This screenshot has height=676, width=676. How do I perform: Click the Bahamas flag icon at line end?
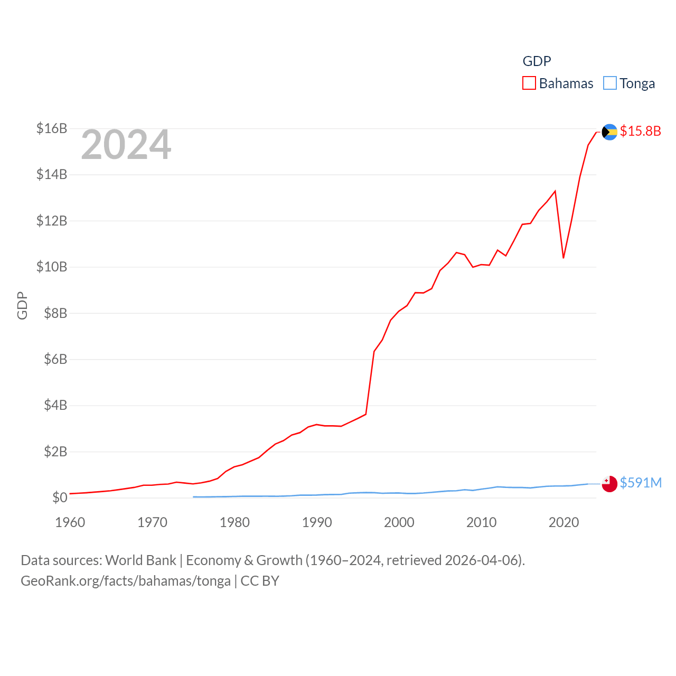coord(609,132)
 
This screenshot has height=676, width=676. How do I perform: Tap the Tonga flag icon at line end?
coord(609,484)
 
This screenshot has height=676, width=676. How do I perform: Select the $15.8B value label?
coord(640,131)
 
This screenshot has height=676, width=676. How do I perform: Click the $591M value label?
coord(641,483)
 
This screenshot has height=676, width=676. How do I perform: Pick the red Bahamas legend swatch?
coord(529,83)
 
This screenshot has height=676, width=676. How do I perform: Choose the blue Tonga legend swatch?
coord(610,83)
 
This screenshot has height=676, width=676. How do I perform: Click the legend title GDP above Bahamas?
coord(537,61)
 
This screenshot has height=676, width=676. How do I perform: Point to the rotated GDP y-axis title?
coord(22,305)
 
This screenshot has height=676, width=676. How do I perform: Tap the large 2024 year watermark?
coord(126,145)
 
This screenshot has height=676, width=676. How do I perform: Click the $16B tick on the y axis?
coord(52,128)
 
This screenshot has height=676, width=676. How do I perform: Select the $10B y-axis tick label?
coord(52,267)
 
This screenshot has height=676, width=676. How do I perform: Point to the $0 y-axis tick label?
coord(60,497)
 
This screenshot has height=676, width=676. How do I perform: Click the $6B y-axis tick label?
coord(52,359)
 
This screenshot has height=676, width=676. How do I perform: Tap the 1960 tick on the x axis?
coord(70,522)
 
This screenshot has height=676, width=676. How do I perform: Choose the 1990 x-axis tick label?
coord(317,522)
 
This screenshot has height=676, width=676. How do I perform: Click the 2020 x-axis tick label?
coord(564,522)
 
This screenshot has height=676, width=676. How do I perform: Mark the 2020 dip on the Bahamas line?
coord(564,258)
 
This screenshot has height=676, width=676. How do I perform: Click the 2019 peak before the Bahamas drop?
coord(555,191)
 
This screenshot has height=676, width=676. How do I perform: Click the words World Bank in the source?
coord(140,560)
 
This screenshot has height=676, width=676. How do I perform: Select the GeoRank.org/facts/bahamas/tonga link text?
coord(126,581)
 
